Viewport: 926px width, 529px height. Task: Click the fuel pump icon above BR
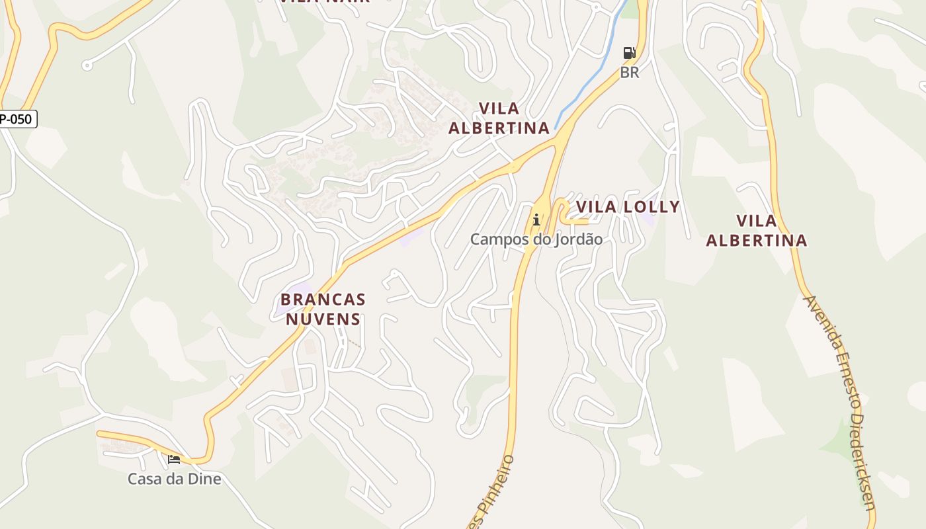(629, 53)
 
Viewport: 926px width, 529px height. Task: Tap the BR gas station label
(630, 72)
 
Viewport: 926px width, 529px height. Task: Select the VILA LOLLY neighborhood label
(628, 207)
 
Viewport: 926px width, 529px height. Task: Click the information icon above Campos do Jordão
(536, 220)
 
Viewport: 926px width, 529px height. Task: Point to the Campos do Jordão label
(536, 239)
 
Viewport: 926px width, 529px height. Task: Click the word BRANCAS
(323, 300)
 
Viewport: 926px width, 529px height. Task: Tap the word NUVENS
(323, 319)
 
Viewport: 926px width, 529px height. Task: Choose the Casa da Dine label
(174, 478)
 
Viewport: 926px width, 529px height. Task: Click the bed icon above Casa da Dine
(174, 459)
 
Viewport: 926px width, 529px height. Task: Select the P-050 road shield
(17, 119)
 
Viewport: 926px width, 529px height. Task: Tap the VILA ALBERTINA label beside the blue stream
(499, 118)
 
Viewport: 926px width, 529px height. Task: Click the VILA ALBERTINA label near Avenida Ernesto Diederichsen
(757, 230)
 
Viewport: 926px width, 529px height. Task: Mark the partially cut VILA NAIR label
(324, 2)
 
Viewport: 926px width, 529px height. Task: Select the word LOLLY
(652, 207)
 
